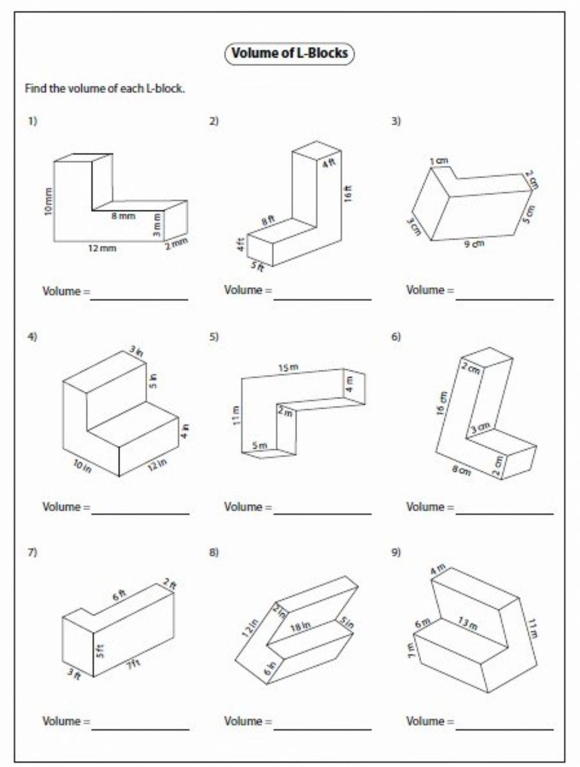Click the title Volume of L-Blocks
click(289, 53)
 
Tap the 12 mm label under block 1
click(102, 248)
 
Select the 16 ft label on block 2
click(347, 192)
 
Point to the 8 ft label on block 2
click(267, 221)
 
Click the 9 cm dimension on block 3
click(474, 244)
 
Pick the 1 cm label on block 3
click(438, 161)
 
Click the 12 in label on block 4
click(157, 463)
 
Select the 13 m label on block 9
click(467, 625)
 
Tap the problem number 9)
click(396, 552)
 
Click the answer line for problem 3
click(505, 299)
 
